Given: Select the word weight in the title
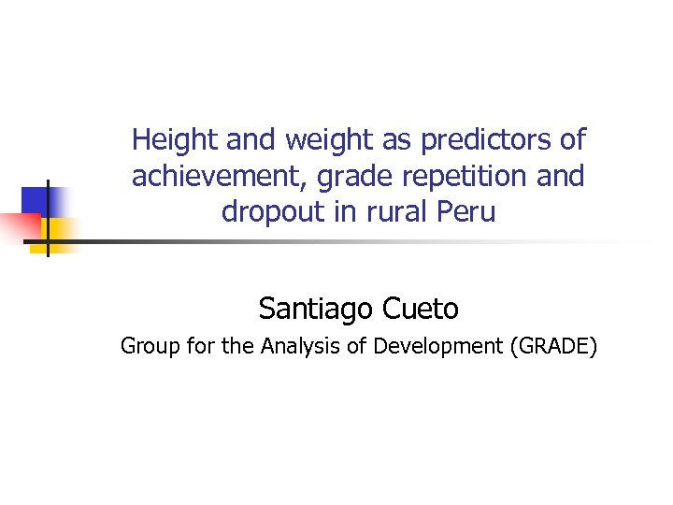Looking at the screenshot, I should point(317,140).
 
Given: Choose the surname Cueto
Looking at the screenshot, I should point(421,307).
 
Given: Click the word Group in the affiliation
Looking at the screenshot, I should point(146,347).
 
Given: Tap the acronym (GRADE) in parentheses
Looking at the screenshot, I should point(553,347).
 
